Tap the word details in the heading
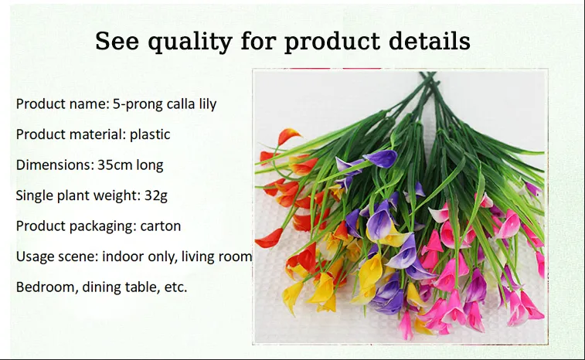click(429, 40)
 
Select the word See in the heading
click(117, 41)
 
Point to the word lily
click(207, 104)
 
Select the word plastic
click(150, 134)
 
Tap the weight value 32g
click(156, 196)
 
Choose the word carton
click(161, 226)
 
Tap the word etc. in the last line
click(175, 287)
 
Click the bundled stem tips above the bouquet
click(428, 76)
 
